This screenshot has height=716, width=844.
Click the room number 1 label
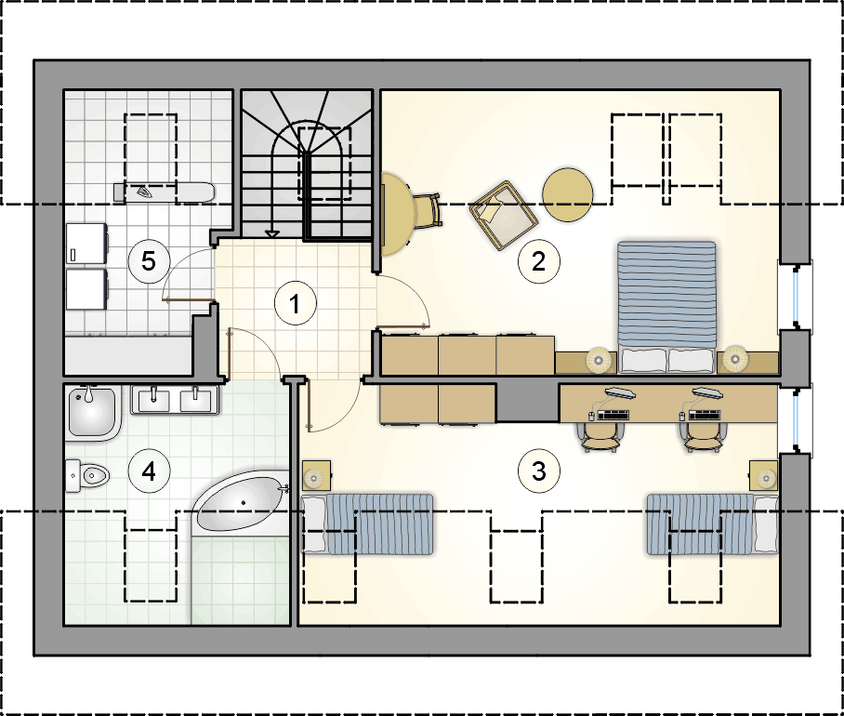[x=295, y=304]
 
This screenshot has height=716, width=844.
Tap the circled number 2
[x=538, y=261]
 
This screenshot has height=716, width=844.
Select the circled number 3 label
[x=538, y=471]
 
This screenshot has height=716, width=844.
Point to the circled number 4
[x=149, y=471]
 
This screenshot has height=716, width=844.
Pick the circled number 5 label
[x=149, y=261]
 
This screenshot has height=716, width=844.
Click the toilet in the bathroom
[x=87, y=475]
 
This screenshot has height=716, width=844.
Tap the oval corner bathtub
[x=241, y=503]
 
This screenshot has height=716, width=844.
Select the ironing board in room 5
[x=165, y=192]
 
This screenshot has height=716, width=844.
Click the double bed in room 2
[x=666, y=307]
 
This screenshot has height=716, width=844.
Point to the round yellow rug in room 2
[x=567, y=195]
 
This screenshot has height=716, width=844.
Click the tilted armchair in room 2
[x=503, y=216]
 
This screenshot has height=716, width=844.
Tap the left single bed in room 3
[x=367, y=524]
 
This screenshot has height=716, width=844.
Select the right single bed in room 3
[x=712, y=524]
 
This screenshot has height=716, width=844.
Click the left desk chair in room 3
[x=600, y=436]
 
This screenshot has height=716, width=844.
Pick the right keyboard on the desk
[x=704, y=415]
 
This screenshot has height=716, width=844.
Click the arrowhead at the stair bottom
[x=272, y=233]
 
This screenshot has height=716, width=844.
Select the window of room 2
[x=796, y=298]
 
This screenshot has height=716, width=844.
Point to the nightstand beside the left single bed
[x=316, y=476]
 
